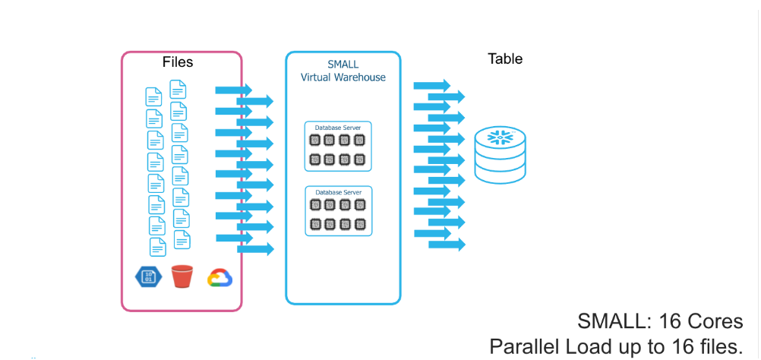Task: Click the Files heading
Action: pos(178,62)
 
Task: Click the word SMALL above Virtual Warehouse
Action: pos(343,65)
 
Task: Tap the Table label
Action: pos(505,58)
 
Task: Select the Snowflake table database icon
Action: pos(500,156)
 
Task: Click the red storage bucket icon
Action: pos(182,276)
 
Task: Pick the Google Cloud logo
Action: pos(219,277)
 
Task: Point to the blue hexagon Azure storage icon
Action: pos(147,276)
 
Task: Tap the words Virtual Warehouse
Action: pos(343,77)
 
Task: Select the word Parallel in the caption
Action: pos(519,347)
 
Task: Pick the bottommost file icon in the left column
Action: pos(157,247)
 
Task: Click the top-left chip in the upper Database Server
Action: pos(314,140)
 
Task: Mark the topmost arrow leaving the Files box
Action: pos(233,90)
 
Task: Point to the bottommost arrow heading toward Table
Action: pos(447,245)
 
